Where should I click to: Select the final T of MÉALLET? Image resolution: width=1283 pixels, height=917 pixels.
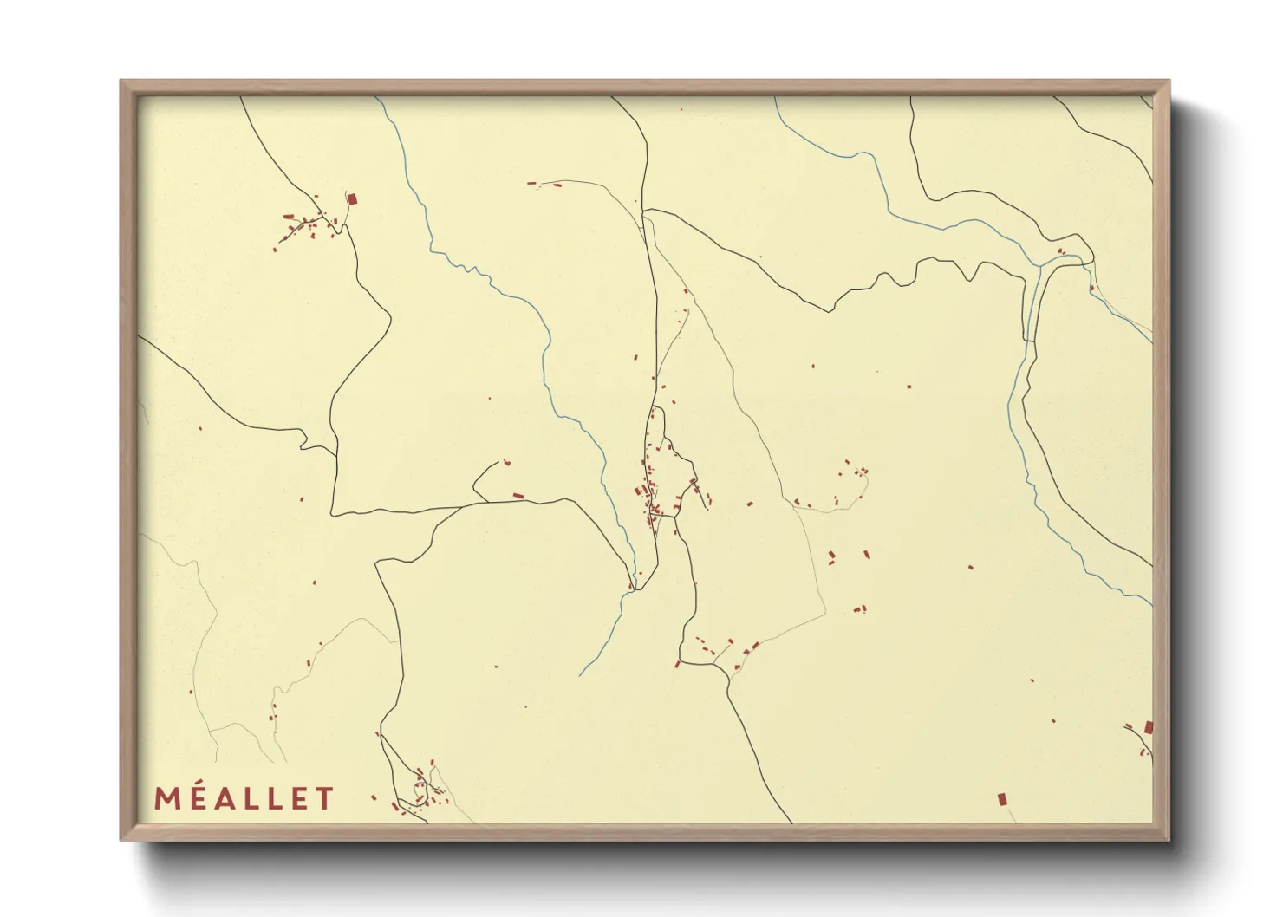pyautogui.click(x=324, y=798)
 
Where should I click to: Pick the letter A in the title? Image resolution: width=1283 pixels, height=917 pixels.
pyautogui.click(x=224, y=798)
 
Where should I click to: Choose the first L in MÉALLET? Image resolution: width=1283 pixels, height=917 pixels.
pyautogui.click(x=251, y=798)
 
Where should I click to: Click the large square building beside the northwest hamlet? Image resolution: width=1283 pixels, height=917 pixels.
pyautogui.click(x=352, y=199)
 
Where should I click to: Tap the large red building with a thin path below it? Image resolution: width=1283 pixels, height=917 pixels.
pyautogui.click(x=1002, y=798)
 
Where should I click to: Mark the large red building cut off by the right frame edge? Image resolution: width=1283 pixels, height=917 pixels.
pyautogui.click(x=1149, y=726)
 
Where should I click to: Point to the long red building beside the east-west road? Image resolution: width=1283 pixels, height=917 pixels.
pyautogui.click(x=518, y=496)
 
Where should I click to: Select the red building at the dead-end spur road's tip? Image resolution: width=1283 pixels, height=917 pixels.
pyautogui.click(x=507, y=462)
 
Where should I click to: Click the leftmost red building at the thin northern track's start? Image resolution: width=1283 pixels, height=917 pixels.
pyautogui.click(x=531, y=183)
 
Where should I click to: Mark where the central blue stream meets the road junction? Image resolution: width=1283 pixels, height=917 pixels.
pyautogui.click(x=635, y=589)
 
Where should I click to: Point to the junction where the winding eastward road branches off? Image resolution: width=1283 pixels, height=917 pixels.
pyautogui.click(x=646, y=210)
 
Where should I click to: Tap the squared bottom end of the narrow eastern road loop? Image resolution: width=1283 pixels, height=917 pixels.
pyautogui.click(x=1030, y=341)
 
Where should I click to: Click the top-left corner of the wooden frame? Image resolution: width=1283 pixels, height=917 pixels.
pyautogui.click(x=121, y=81)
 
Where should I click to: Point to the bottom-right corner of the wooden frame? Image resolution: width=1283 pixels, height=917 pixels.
pyautogui.click(x=1169, y=839)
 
